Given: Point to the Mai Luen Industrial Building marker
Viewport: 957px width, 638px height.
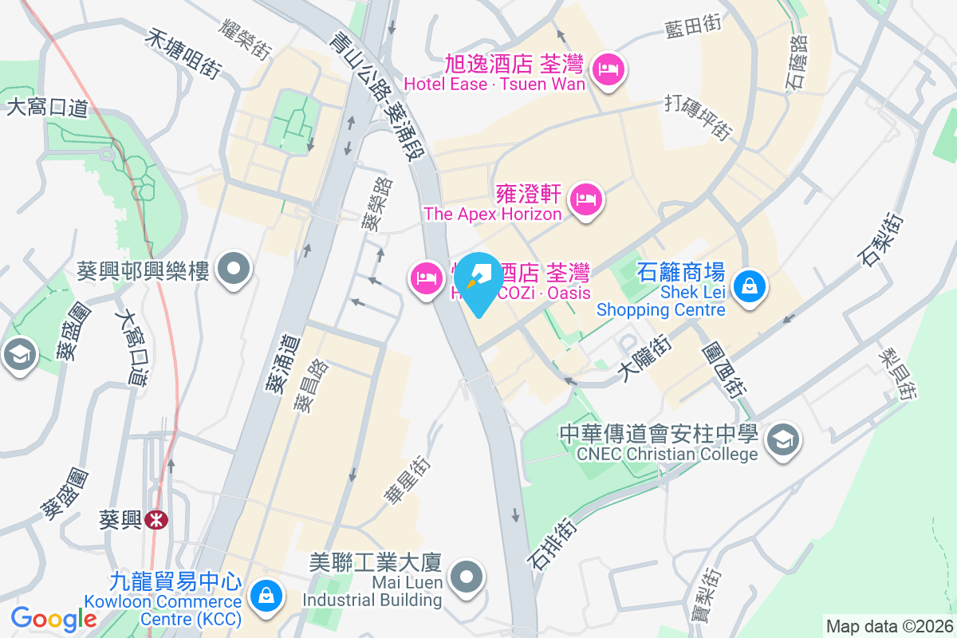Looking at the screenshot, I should (x=467, y=576).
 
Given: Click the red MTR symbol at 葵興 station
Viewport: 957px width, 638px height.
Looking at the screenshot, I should (x=157, y=520).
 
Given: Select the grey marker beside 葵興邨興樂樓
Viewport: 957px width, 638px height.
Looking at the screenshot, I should (x=234, y=270).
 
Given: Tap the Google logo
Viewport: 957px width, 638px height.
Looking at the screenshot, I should (x=53, y=619).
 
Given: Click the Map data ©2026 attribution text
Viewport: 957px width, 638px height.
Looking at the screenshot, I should (x=888, y=626).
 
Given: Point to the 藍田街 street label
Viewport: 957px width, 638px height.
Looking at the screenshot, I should (x=693, y=26).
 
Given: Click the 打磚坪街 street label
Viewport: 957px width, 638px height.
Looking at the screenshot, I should (x=699, y=117).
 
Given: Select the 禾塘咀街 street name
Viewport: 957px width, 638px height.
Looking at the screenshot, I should (x=183, y=53).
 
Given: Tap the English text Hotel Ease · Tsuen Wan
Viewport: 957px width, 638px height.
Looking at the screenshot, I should (x=494, y=84).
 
